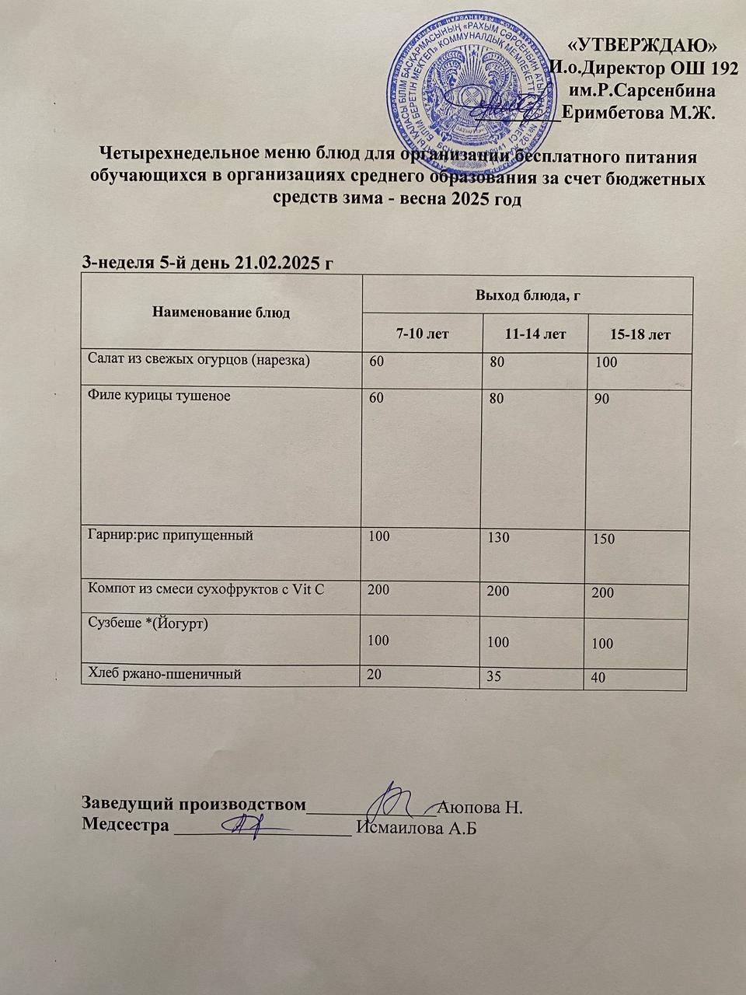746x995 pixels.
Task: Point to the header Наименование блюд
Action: pos(221,313)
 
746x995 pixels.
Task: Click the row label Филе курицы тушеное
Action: pos(159,396)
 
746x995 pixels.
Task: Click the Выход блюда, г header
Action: pos(528,295)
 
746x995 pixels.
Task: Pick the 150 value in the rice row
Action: pos(603,539)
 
